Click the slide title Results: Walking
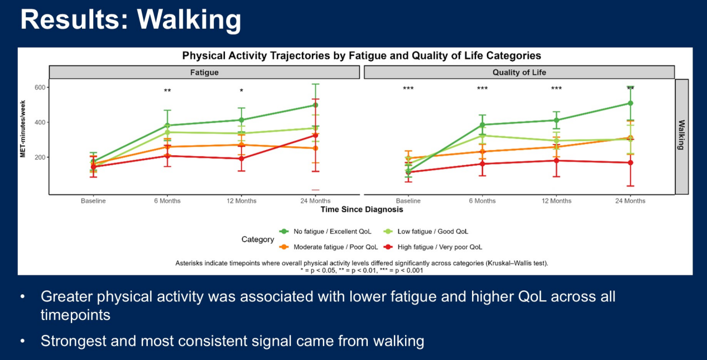pos(131,20)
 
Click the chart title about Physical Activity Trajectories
pos(362,56)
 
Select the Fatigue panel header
pos(204,73)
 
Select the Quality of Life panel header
pos(519,73)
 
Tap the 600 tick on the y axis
pos(39,88)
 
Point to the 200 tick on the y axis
pos(39,157)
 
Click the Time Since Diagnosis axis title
pos(362,210)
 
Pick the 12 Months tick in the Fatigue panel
pos(242,201)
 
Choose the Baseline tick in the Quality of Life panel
pos(408,201)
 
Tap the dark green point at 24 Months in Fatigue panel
pos(315,105)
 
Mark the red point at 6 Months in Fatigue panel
pos(167,156)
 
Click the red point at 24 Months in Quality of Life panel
pos(631,162)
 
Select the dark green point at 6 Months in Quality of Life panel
pos(482,125)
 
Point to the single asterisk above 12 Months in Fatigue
pos(242,91)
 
